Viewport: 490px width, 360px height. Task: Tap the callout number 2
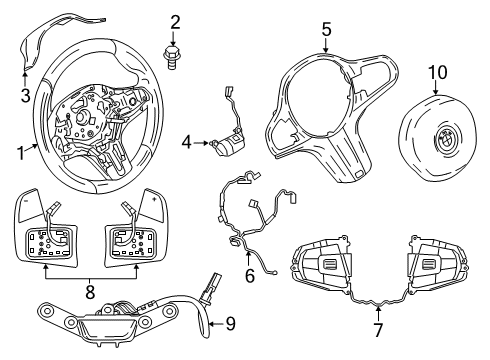(x=175, y=21)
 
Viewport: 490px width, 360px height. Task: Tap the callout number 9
(x=230, y=323)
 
